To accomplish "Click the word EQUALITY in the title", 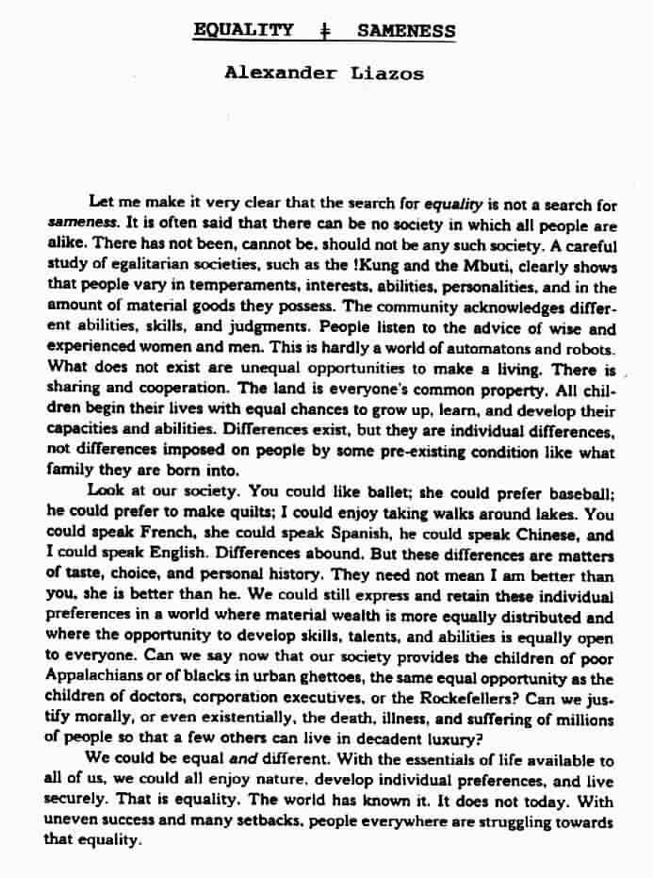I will pos(242,30).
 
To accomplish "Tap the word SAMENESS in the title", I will pos(407,30).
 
